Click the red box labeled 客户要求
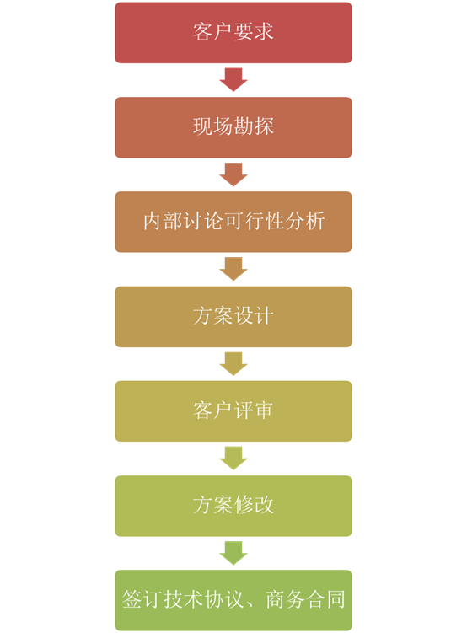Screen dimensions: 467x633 pyautogui.click(x=233, y=33)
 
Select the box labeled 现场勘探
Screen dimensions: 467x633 pyautogui.click(x=233, y=127)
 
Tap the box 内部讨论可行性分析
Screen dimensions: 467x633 pyautogui.click(x=233, y=222)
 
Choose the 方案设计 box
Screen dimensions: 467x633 pyautogui.click(x=233, y=317)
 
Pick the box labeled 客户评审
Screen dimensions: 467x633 pyautogui.click(x=233, y=411)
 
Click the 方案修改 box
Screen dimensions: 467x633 pyautogui.click(x=233, y=506)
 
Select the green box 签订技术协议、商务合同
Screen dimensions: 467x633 pyautogui.click(x=233, y=600)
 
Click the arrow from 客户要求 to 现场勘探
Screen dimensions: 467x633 pyautogui.click(x=233, y=79)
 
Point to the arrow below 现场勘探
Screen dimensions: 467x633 pyautogui.click(x=233, y=174)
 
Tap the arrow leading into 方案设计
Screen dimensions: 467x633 pyautogui.click(x=233, y=269)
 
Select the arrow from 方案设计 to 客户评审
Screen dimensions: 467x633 pyautogui.click(x=233, y=364)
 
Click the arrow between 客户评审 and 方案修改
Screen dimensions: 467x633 pyautogui.click(x=233, y=459)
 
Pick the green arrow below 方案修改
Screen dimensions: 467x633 pyautogui.click(x=233, y=553)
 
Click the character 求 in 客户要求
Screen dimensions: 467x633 pyautogui.click(x=264, y=31)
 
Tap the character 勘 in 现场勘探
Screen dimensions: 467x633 pyautogui.click(x=244, y=126)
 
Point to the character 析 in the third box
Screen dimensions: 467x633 pyautogui.click(x=314, y=221)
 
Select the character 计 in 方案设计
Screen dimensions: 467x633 pyautogui.click(x=264, y=315)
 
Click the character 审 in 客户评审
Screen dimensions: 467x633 pyautogui.click(x=264, y=410)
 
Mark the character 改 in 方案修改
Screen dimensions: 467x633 pyautogui.click(x=264, y=505)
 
